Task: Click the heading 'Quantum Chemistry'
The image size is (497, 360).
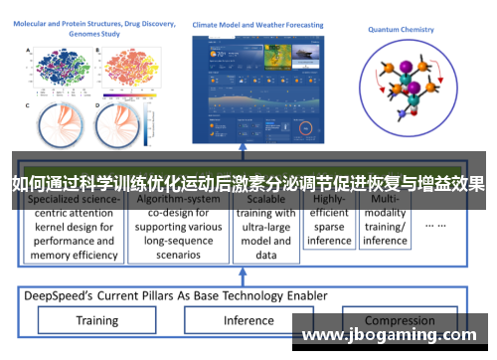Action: [401, 30]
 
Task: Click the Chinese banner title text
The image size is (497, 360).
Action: [248, 183]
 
